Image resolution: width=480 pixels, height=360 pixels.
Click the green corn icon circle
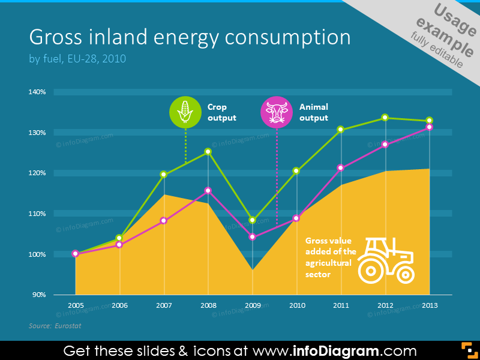point(185,112)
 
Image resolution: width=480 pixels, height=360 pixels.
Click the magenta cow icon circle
point(276,112)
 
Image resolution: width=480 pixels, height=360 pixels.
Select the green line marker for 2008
point(208,151)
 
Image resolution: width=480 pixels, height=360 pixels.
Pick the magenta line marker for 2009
point(253,237)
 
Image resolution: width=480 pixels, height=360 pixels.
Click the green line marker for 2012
point(385,118)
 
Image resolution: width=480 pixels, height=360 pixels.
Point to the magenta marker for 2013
point(429,127)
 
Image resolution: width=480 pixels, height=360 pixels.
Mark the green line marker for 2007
point(164,175)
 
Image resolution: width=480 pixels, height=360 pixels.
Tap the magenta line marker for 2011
point(341,168)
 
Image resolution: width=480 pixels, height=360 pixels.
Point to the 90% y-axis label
point(38,295)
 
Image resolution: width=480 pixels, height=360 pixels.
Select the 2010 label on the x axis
point(296,305)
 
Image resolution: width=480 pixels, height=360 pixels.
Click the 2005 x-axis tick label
point(76,305)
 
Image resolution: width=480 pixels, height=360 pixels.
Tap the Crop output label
point(221,112)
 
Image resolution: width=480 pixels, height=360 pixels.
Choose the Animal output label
point(313,112)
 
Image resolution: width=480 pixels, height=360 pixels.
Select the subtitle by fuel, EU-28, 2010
point(77,59)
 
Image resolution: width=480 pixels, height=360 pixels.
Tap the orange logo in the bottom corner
point(468,350)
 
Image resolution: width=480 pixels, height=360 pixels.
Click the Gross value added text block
point(331,255)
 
